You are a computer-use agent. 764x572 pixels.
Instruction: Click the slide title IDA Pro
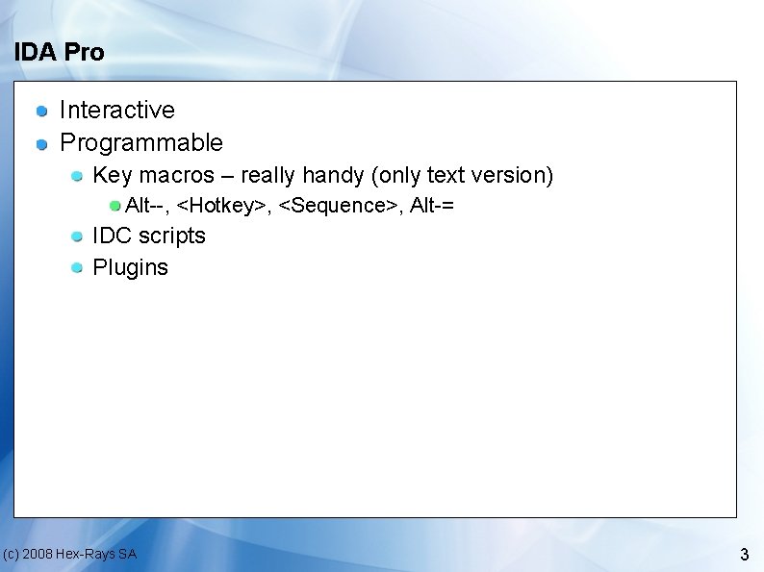59,52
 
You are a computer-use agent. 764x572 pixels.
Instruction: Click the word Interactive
116,111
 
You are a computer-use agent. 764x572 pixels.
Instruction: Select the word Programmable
140,143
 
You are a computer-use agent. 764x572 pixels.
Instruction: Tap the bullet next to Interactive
42,112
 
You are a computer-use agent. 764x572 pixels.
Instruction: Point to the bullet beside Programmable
42,144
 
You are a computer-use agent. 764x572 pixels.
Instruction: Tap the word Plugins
130,267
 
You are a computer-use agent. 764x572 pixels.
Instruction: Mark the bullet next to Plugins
76,268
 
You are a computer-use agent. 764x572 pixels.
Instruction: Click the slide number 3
744,555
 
